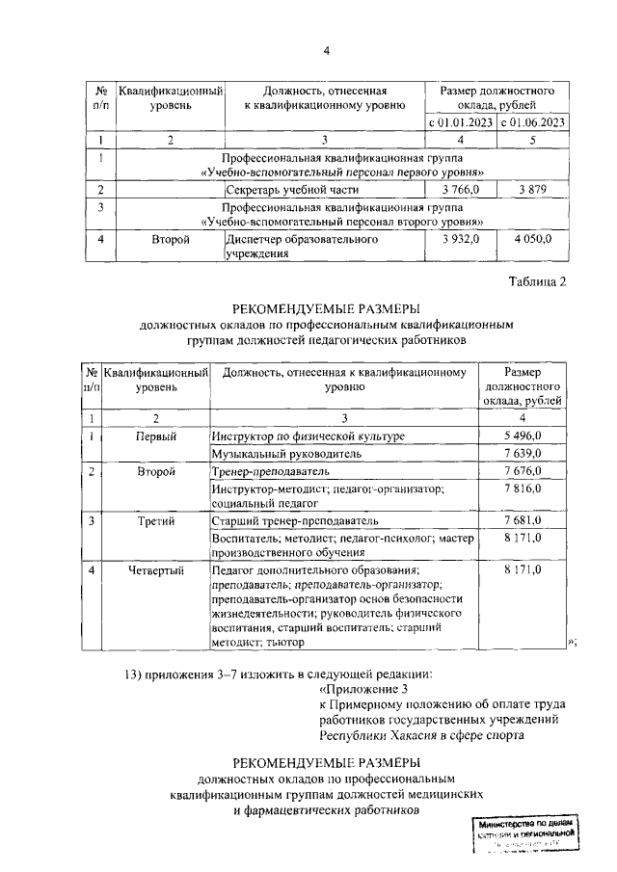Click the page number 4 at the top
click(326, 51)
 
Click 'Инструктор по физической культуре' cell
click(308, 436)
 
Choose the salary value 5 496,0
click(523, 436)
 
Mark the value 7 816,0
click(523, 489)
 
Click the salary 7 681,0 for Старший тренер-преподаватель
click(523, 520)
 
